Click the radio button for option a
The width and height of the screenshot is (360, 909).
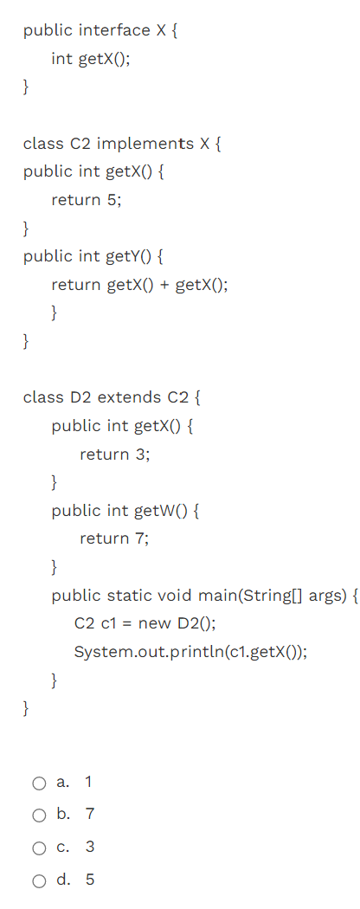[39, 783]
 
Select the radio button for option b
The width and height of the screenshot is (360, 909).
[39, 815]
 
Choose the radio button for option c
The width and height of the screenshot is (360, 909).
[39, 848]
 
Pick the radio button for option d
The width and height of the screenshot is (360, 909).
[39, 880]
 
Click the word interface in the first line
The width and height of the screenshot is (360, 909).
[113, 30]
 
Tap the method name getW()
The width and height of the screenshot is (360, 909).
[157, 511]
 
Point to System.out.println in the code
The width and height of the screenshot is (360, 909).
[146, 652]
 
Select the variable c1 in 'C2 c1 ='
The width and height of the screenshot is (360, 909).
[107, 623]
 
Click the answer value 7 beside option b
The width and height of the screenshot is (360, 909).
[90, 815]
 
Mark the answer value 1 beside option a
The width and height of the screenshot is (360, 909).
[88, 783]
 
